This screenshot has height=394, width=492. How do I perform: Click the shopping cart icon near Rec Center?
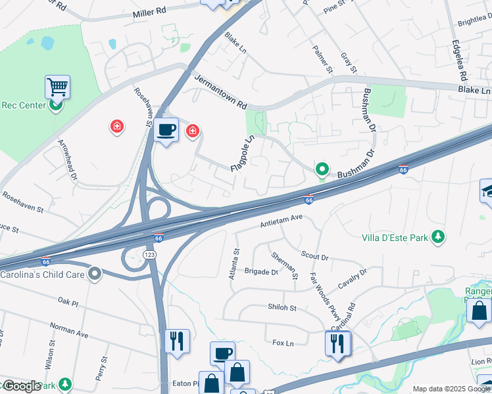(58, 87)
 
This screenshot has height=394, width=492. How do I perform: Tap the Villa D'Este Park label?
(395, 237)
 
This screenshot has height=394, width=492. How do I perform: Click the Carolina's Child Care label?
(42, 273)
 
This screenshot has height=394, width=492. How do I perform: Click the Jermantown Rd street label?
(220, 91)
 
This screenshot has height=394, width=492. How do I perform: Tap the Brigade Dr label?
(261, 271)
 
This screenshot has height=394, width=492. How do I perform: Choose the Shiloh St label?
(282, 307)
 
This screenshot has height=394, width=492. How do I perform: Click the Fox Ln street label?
(282, 342)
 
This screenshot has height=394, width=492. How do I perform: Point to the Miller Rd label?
(150, 13)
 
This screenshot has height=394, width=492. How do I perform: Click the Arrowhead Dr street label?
(67, 160)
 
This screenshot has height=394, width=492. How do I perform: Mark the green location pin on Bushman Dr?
(322, 170)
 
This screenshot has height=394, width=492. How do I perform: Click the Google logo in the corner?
(22, 386)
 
